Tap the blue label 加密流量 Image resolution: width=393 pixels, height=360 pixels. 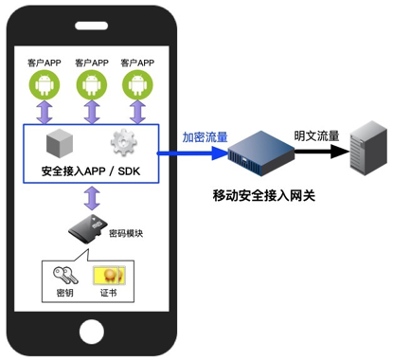point(205,137)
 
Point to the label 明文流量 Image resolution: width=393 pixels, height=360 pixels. point(316,135)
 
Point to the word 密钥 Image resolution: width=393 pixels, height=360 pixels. point(64,295)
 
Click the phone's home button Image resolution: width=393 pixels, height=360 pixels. point(91,331)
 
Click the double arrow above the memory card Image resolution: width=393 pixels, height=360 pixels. point(91,199)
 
